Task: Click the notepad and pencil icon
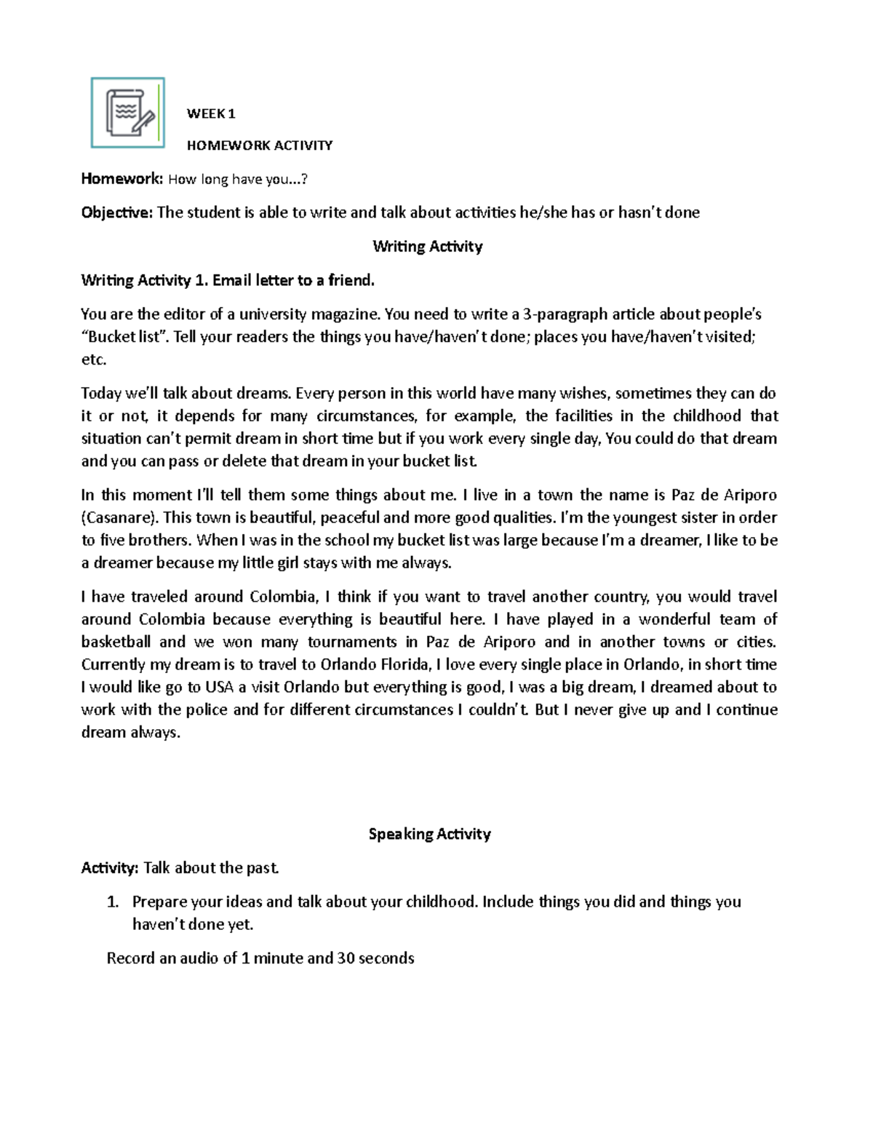(x=128, y=113)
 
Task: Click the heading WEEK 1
(x=211, y=114)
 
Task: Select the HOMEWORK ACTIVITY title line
(x=260, y=146)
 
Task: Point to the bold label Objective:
(x=117, y=212)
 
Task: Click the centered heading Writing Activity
(x=428, y=247)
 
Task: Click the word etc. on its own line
(x=94, y=359)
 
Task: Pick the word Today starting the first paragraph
(x=101, y=394)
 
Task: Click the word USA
(x=219, y=687)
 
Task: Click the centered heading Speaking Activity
(x=429, y=834)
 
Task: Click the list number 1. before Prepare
(x=113, y=902)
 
